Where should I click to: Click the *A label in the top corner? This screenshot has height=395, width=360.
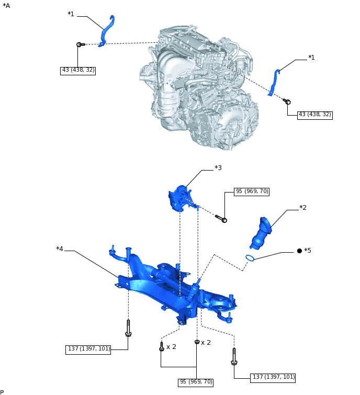coord(6,5)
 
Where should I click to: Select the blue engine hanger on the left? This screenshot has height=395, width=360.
coord(106,32)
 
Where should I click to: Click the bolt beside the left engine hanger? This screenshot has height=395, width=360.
coord(80,44)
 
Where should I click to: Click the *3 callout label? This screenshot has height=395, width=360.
coord(218,168)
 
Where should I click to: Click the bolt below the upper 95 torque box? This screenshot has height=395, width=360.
coord(221,219)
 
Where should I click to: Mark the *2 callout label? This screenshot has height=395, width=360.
coord(302,208)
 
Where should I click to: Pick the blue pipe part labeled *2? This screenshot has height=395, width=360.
coord(262,233)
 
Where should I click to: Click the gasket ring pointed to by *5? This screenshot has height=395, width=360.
coord(250,257)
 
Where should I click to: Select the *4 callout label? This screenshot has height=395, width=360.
coord(60,249)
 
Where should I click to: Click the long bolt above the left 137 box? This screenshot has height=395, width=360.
coord(128,328)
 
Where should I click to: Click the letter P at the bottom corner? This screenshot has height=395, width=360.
coord(2,392)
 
